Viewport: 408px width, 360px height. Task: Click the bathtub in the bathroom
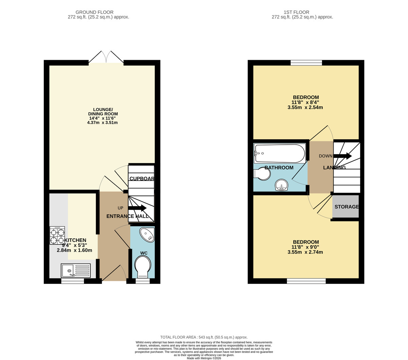coord(280,154)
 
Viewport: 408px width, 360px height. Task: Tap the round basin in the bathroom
coord(281,185)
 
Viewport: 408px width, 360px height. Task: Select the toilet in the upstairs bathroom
coord(262,174)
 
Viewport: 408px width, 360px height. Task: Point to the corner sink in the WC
coord(148,235)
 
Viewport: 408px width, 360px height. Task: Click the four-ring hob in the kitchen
coord(57,236)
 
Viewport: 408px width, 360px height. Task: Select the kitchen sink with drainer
coord(75,271)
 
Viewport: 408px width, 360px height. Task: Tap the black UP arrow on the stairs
coord(137,208)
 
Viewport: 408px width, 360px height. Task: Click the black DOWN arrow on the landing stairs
coord(342,156)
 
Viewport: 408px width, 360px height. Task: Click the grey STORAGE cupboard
coord(345,206)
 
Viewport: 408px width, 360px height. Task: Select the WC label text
coord(143,253)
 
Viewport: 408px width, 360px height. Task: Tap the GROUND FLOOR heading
coord(95,12)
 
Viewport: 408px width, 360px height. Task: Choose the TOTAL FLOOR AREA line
coord(204,337)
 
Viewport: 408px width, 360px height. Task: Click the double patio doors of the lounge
coord(106,58)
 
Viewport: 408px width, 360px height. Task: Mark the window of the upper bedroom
coord(306,62)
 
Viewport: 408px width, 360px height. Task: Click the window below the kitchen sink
coord(72,281)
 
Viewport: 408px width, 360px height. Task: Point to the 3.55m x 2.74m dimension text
coord(305,252)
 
